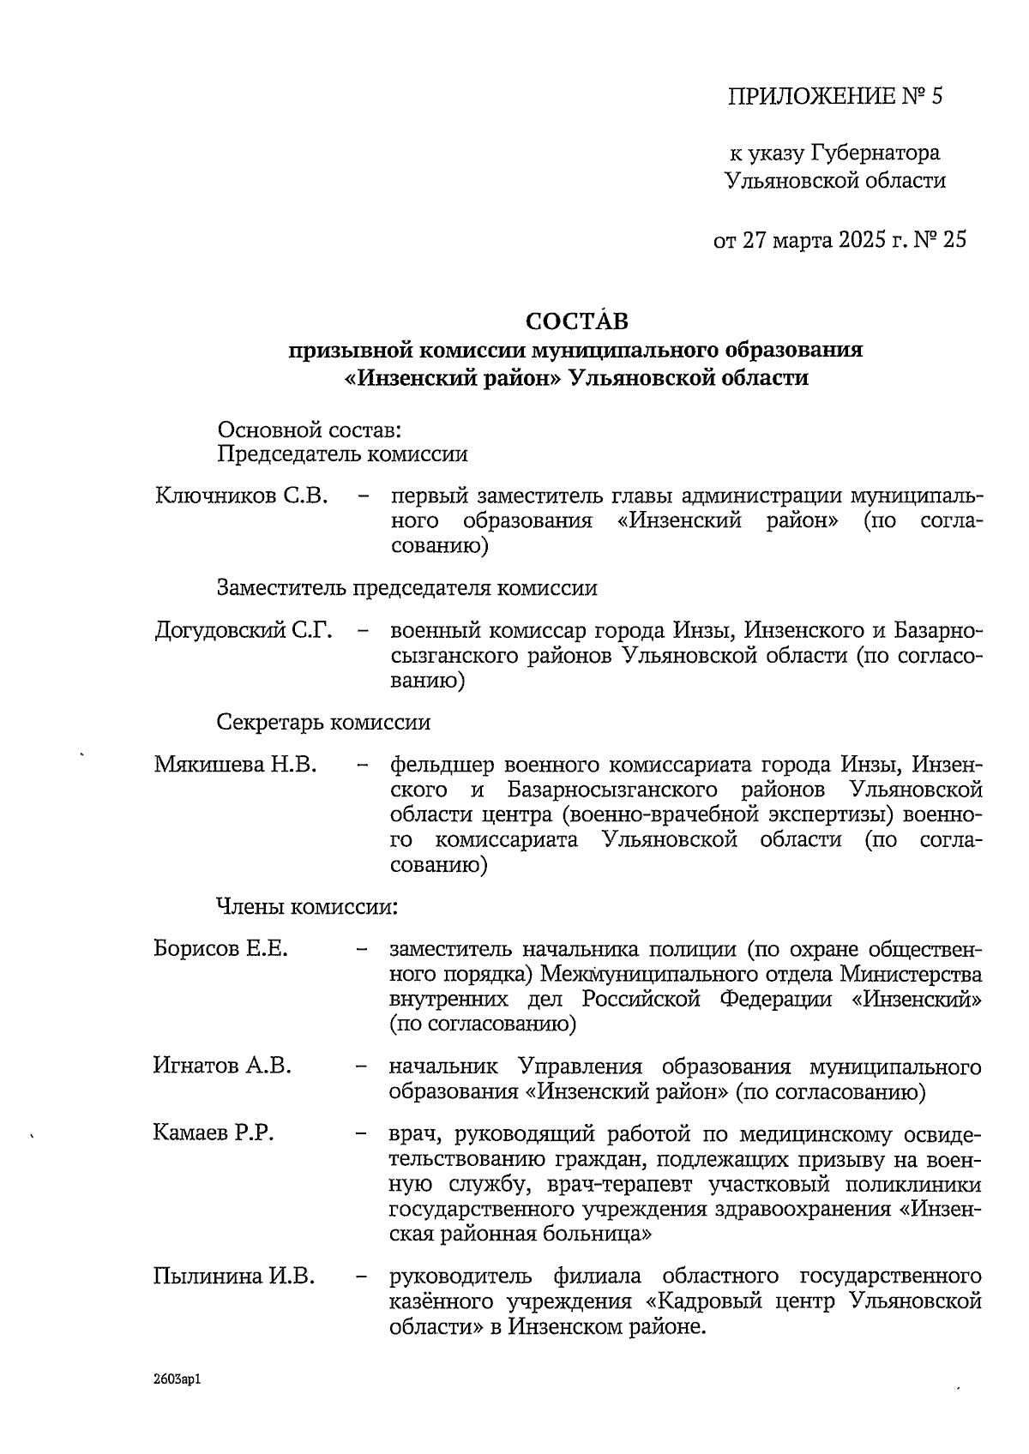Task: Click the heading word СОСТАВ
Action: pyautogui.click(x=576, y=321)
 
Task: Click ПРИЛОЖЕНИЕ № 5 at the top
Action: pyautogui.click(x=834, y=96)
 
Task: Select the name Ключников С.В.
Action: pyautogui.click(x=242, y=496)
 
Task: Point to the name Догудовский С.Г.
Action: pyautogui.click(x=243, y=632)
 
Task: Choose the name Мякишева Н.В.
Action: pyautogui.click(x=236, y=764)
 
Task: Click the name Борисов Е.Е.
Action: pyautogui.click(x=220, y=949)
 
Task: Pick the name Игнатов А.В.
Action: pyautogui.click(x=222, y=1066)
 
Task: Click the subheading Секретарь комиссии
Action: pyautogui.click(x=323, y=722)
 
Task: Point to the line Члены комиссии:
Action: pyautogui.click(x=306, y=906)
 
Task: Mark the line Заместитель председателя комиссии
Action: pyautogui.click(x=406, y=588)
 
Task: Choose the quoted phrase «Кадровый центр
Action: pyautogui.click(x=739, y=1301)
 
